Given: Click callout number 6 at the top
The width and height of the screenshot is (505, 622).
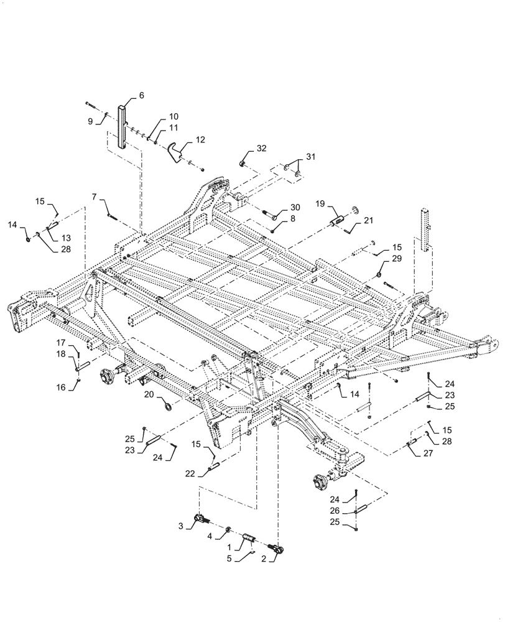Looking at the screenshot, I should (x=141, y=95).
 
